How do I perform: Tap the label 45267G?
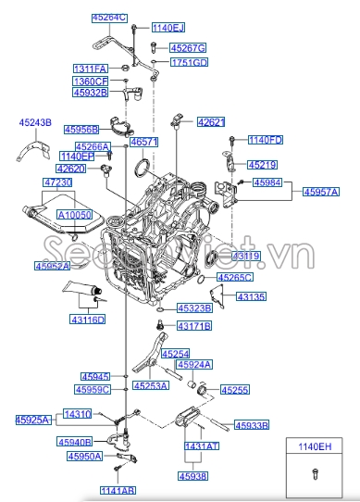click(188, 47)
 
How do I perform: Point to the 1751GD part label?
click(189, 62)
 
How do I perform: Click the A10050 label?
click(75, 214)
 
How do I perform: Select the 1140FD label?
click(266, 140)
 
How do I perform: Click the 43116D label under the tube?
click(88, 320)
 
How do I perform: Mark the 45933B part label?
click(251, 425)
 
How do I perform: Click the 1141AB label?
click(118, 490)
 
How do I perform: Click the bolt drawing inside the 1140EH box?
click(311, 475)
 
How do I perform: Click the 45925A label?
click(32, 420)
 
